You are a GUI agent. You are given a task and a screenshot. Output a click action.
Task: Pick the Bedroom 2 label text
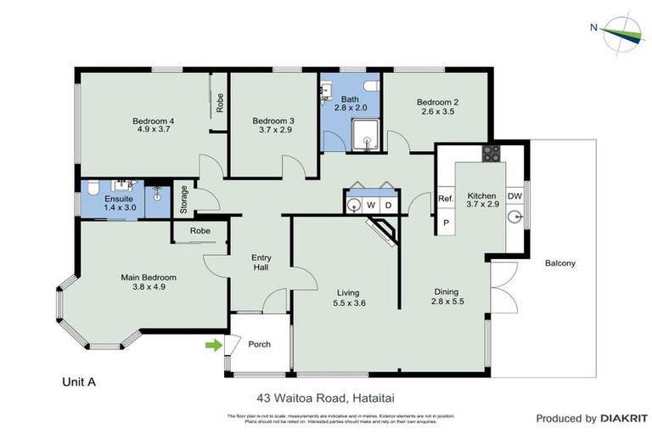(436, 102)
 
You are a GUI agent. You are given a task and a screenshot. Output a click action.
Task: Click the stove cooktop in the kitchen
(492, 154)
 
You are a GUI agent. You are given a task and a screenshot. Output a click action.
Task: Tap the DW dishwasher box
(514, 197)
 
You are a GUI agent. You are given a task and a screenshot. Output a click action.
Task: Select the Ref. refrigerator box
(446, 199)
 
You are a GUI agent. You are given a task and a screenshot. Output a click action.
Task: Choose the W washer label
(371, 205)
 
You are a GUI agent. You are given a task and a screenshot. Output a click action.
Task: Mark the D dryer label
(388, 205)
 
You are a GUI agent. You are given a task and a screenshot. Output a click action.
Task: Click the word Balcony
(560, 263)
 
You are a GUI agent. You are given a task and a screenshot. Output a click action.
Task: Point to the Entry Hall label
(261, 263)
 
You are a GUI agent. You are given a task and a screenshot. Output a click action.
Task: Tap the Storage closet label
(184, 199)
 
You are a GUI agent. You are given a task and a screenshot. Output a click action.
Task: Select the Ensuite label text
(120, 197)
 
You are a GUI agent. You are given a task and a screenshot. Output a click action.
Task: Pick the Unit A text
(80, 382)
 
